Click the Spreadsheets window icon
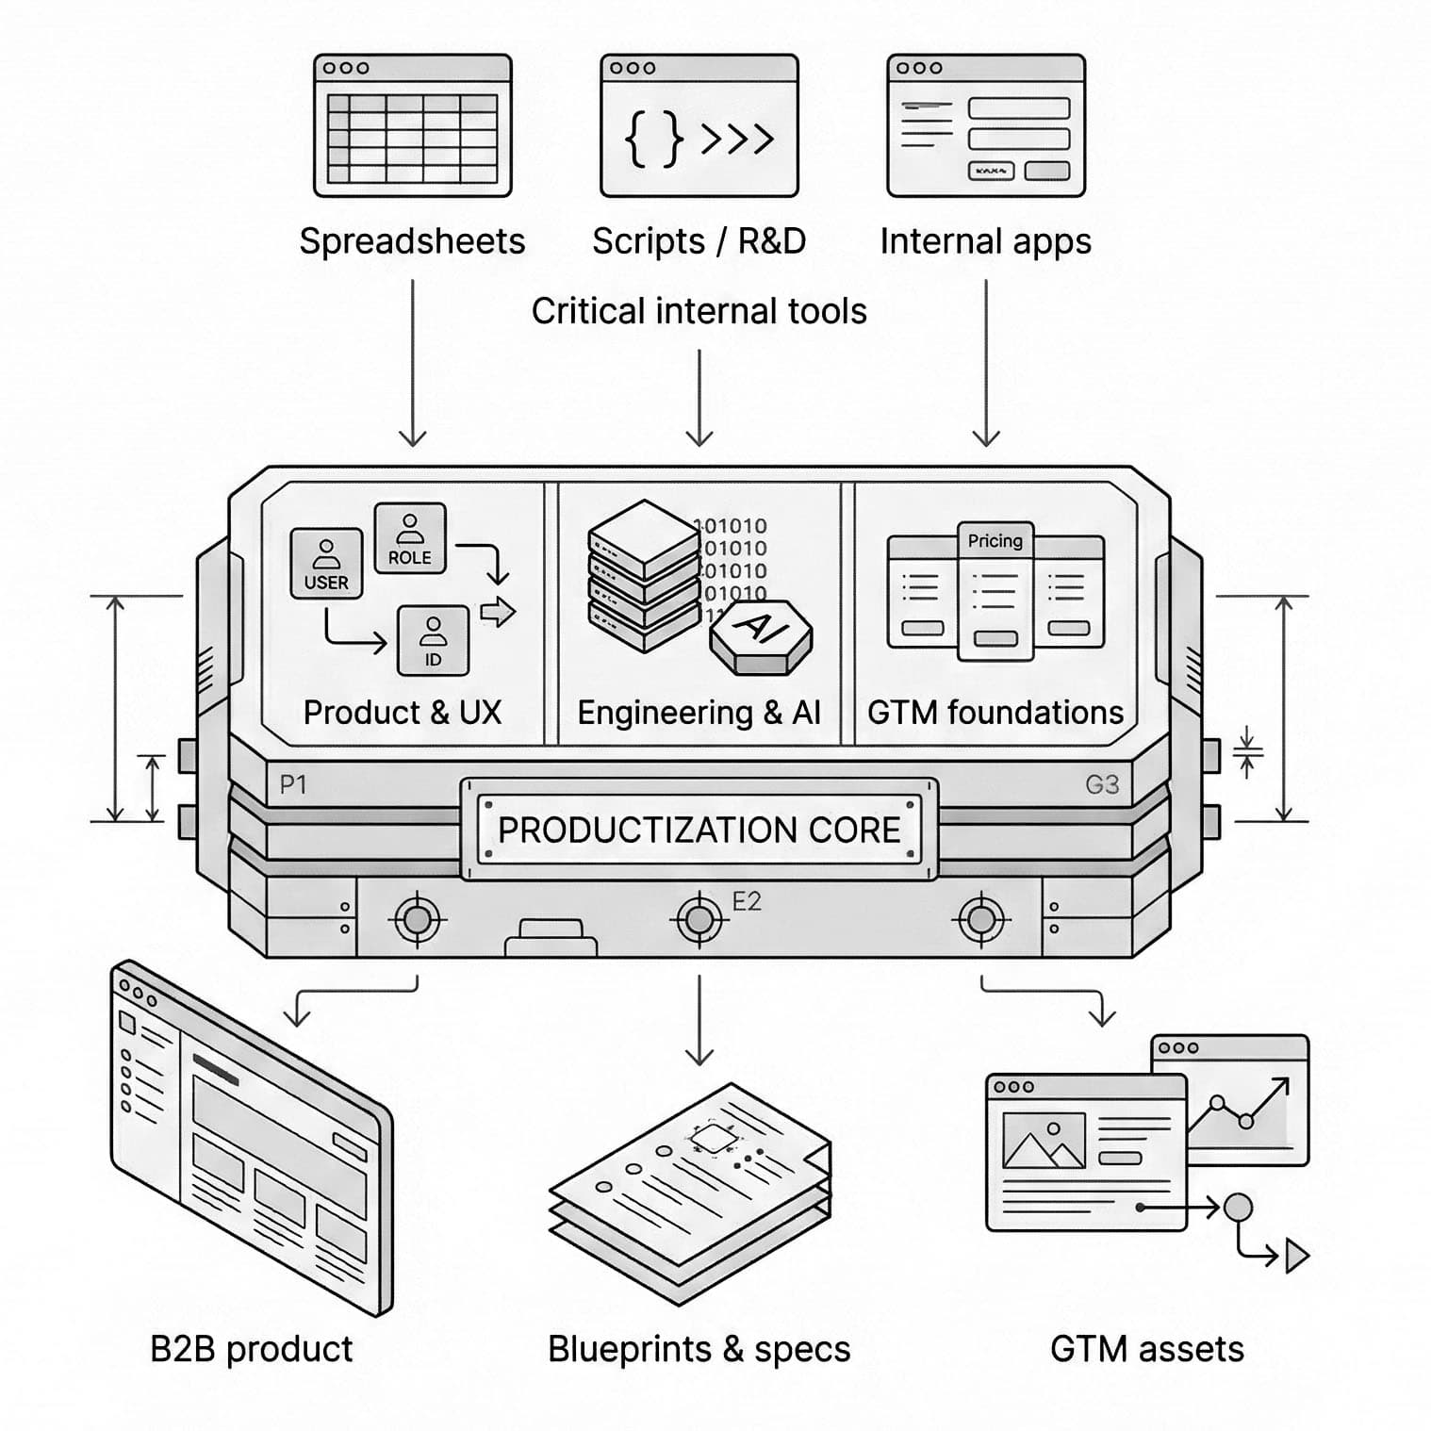point(412,125)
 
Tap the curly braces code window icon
point(699,125)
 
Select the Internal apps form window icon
point(985,125)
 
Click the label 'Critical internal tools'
point(699,311)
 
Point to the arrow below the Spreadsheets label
point(412,363)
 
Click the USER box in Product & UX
point(326,563)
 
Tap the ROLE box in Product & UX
point(410,538)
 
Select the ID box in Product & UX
point(433,641)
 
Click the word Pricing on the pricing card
point(995,540)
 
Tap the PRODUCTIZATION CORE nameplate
point(699,830)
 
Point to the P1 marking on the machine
point(293,784)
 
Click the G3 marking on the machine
point(1101,784)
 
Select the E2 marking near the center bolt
point(746,902)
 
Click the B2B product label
point(251,1349)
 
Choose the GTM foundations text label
point(995,713)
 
